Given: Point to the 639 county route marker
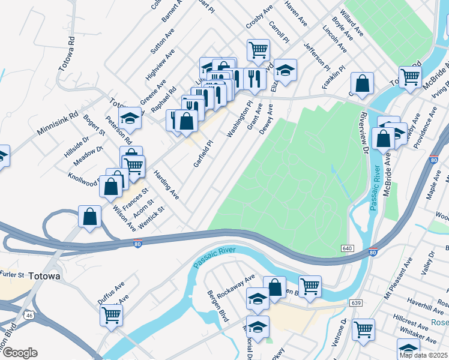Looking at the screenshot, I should point(356,303).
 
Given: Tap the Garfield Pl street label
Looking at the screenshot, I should point(203,154).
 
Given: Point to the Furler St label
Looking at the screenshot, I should point(12,275).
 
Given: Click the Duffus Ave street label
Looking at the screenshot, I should point(111,292).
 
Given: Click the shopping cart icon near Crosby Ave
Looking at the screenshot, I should point(258,50).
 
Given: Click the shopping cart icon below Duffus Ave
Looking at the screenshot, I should point(111,314).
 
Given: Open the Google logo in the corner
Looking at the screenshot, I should point(19,353).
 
